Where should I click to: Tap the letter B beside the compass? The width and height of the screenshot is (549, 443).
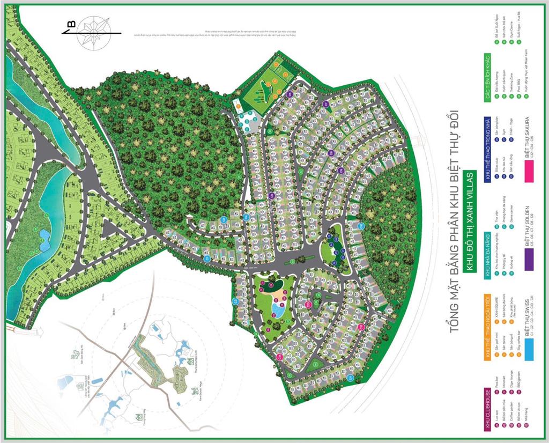(70, 24)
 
